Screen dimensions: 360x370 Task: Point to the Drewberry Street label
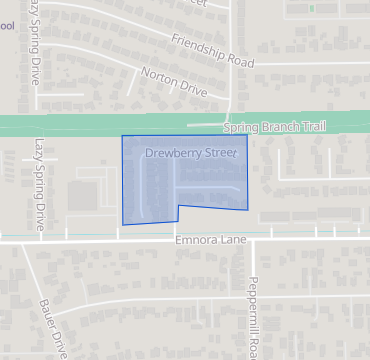[190, 154]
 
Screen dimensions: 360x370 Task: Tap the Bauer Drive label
[53, 324]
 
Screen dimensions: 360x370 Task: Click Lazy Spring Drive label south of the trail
[40, 186]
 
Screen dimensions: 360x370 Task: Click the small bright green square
[311, 8]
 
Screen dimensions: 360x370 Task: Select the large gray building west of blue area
[84, 195]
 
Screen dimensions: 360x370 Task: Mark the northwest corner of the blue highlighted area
[122, 136]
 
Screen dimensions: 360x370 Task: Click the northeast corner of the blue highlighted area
[247, 134]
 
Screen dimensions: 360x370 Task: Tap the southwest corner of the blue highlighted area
[124, 224]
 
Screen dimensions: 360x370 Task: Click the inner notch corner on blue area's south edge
[179, 205]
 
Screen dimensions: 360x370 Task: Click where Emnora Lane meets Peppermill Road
[250, 241]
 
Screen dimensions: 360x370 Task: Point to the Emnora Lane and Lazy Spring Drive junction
[40, 241]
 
